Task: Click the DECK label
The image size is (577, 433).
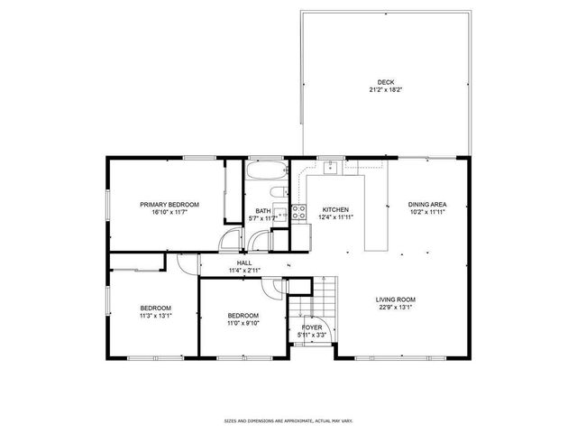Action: click(385, 82)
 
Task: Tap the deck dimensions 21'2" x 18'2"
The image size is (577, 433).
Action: click(385, 90)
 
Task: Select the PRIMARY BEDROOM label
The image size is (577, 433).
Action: click(169, 205)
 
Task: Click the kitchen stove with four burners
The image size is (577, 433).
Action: click(298, 214)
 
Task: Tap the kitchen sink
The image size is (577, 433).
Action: click(332, 165)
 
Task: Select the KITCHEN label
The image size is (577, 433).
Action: click(335, 208)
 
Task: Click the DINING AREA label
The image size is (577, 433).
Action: click(427, 205)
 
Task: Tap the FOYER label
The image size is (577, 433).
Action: click(312, 327)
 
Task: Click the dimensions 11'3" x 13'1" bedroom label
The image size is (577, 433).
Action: click(155, 316)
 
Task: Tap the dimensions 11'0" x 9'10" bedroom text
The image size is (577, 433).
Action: click(243, 322)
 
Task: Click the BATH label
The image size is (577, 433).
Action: click(261, 211)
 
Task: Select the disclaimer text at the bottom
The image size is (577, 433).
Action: click(288, 420)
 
